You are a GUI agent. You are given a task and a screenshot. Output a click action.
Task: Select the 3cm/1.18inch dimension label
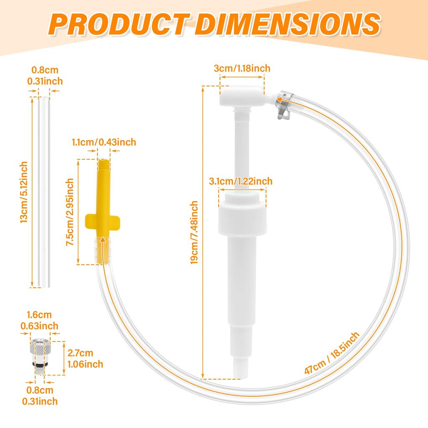click(x=242, y=68)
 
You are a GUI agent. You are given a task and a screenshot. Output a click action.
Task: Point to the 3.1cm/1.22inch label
click(x=241, y=181)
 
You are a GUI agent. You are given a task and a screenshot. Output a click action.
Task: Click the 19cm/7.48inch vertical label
click(x=194, y=232)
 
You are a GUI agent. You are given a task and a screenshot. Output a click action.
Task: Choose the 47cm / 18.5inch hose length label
click(x=332, y=353)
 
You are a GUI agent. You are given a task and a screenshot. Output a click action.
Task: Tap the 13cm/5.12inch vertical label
click(x=24, y=192)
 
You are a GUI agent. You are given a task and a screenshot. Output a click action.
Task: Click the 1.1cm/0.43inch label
click(x=104, y=142)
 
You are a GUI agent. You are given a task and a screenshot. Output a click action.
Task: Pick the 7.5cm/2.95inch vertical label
click(x=70, y=212)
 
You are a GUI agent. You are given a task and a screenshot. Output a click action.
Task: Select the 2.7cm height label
click(x=80, y=353)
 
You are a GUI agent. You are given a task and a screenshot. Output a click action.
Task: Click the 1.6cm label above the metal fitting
click(x=39, y=315)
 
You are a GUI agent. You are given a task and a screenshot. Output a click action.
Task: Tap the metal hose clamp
click(x=284, y=105)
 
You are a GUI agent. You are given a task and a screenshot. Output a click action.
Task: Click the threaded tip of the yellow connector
click(x=104, y=165)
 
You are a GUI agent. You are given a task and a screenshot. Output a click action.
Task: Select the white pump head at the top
click(x=242, y=96)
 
